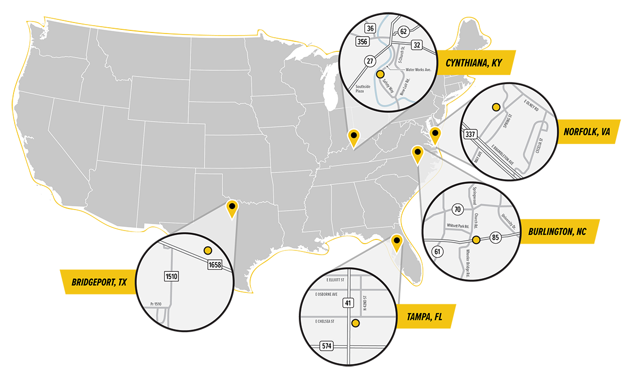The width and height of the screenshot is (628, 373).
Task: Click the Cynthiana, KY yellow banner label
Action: [474, 63]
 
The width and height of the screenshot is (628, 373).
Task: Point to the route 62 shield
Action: [403, 31]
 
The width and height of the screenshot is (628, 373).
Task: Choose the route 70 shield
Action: [457, 210]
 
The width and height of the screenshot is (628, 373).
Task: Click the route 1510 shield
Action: [171, 275]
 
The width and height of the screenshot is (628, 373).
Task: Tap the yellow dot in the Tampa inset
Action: [355, 323]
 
